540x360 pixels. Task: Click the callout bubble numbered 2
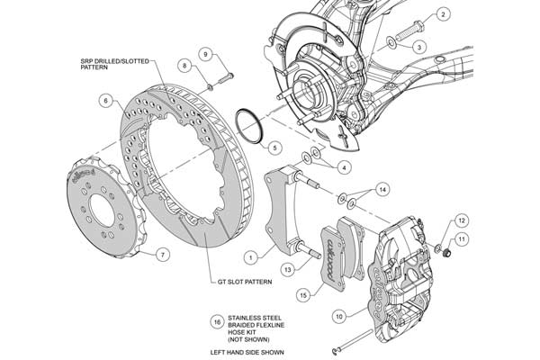tap(443, 14)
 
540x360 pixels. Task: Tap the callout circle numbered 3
tap(419, 47)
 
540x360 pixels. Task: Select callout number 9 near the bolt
tap(205, 54)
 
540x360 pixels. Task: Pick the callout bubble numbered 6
tap(105, 101)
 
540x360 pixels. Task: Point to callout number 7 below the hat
tap(163, 255)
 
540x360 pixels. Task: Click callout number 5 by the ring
tap(274, 148)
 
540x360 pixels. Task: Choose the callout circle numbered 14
tap(382, 190)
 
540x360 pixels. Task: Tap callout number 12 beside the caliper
tap(462, 220)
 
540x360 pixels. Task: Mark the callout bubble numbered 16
tap(217, 322)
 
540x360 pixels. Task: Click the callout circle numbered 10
tap(339, 316)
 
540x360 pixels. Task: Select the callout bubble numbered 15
tap(303, 295)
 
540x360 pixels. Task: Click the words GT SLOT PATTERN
tap(245, 282)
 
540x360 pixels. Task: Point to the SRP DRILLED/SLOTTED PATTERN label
tap(114, 64)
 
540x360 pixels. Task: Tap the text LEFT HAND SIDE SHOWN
tap(247, 353)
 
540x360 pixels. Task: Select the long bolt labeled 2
tap(409, 30)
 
